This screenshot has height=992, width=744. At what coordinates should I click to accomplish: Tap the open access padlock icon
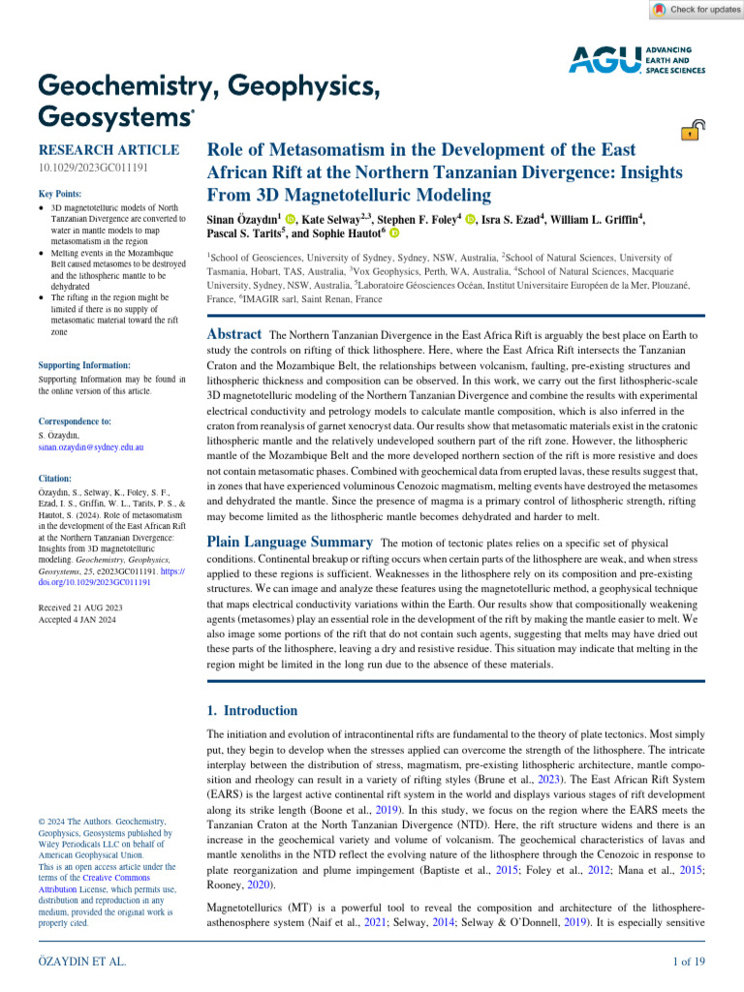pos(693,130)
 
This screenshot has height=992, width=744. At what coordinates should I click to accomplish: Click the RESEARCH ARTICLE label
pos(108,150)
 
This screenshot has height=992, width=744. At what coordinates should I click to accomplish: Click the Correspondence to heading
pos(75,422)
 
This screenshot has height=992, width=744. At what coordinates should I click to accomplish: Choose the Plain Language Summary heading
pos(291,542)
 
